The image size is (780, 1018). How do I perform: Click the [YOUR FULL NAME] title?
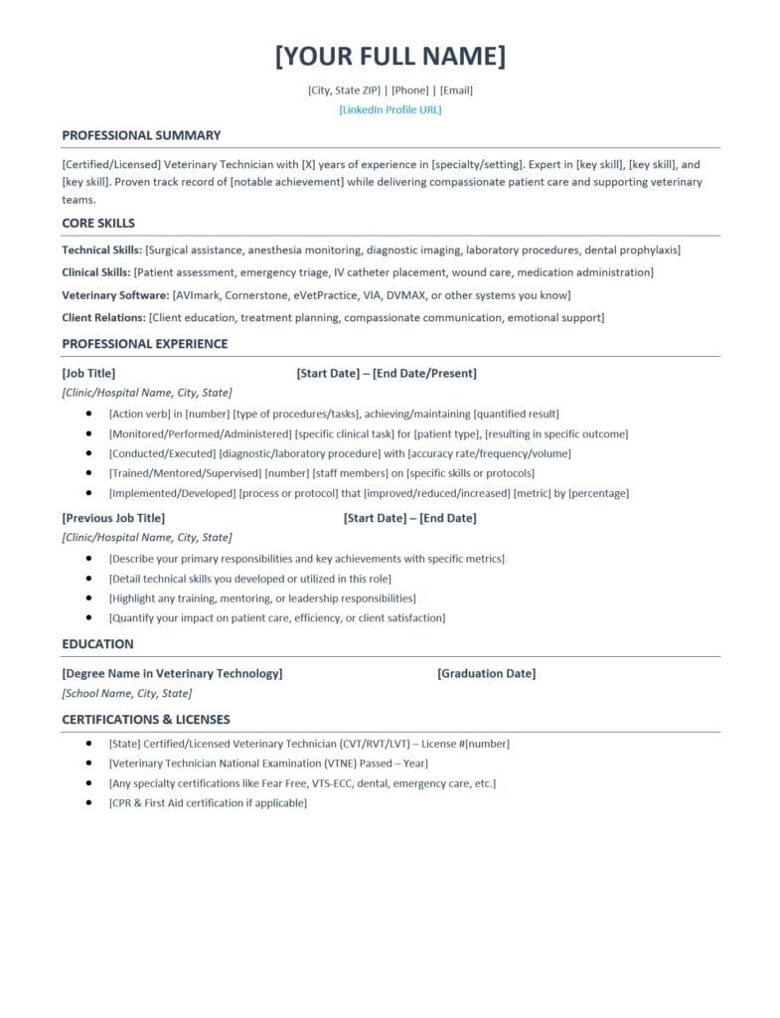(x=390, y=56)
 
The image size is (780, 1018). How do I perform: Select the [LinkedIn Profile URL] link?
(x=390, y=109)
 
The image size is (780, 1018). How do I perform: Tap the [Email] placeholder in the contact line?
(x=456, y=89)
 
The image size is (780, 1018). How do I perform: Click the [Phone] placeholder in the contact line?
(x=410, y=89)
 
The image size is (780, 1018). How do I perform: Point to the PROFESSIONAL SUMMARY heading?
(x=141, y=135)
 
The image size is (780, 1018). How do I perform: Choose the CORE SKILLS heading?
(x=98, y=223)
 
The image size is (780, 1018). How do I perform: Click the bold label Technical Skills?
(x=101, y=250)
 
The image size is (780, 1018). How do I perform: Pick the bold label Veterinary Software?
(x=115, y=294)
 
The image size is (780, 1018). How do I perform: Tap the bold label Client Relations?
(x=103, y=317)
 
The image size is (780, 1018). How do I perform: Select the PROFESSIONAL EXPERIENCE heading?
(x=144, y=344)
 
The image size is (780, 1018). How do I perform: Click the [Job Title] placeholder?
(x=88, y=373)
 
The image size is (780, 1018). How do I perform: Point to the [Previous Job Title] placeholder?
(x=113, y=518)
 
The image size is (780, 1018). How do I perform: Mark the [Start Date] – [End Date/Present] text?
(x=387, y=373)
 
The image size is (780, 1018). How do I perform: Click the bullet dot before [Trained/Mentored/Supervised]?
(x=89, y=473)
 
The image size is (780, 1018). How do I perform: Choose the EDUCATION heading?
(x=97, y=644)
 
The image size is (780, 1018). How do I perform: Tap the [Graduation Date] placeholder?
(x=486, y=673)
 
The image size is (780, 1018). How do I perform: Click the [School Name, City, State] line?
(x=127, y=693)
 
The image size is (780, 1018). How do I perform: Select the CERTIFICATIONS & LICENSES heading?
(x=145, y=720)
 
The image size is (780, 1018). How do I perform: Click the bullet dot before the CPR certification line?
(x=89, y=802)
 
